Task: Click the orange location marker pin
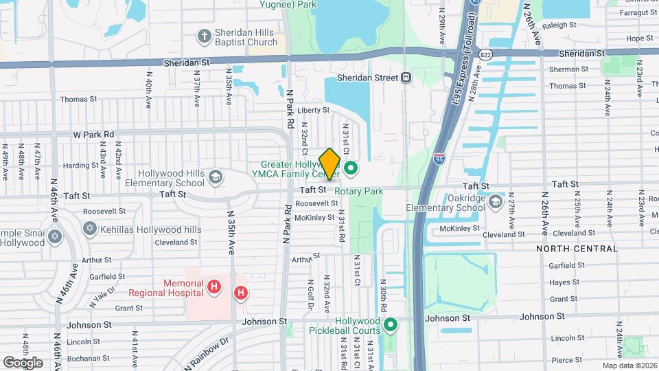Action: [x=329, y=164]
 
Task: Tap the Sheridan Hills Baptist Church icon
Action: [x=203, y=35]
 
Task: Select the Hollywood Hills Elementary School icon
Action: [x=215, y=178]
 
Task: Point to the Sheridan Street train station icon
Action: [x=406, y=78]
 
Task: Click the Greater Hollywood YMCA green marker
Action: [x=351, y=168]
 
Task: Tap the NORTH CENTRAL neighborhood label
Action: [x=568, y=248]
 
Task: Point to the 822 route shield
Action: [x=487, y=54]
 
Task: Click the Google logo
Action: [x=22, y=362]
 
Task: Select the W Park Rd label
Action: [x=93, y=134]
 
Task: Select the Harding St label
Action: [x=76, y=166]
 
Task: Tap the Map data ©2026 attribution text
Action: [x=629, y=365]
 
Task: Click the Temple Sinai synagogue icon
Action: [x=55, y=238]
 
